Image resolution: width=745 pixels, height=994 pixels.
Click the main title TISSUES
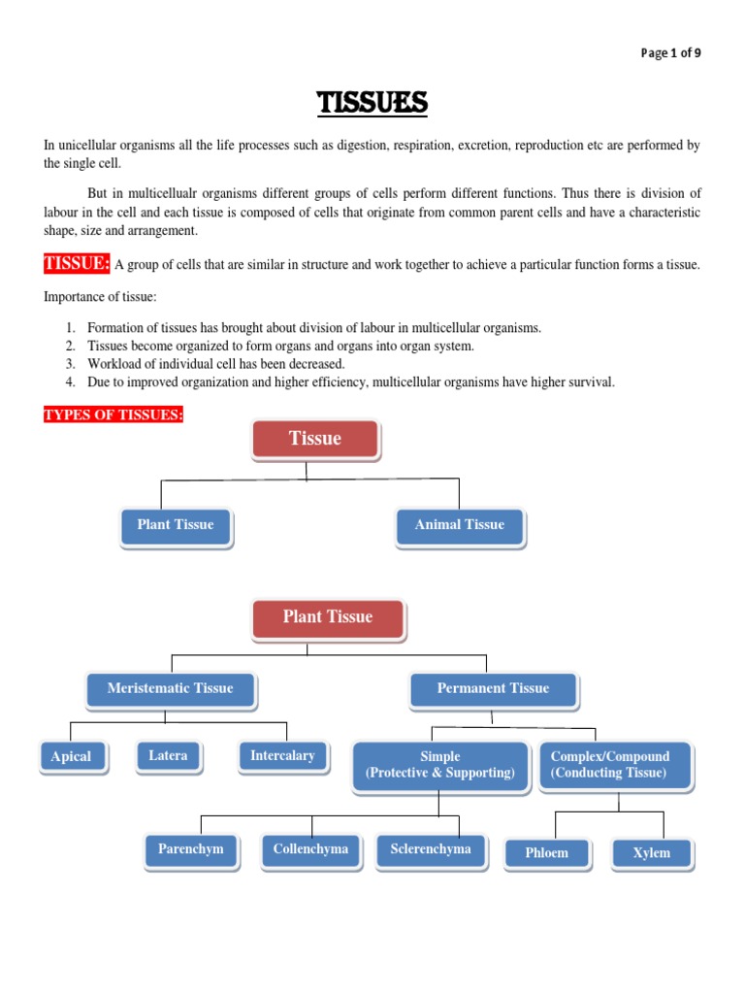coord(372,102)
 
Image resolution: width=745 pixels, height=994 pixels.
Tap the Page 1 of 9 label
coord(670,53)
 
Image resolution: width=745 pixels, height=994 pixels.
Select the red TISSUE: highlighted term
coord(77,263)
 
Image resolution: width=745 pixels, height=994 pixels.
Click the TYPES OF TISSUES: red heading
coord(113,415)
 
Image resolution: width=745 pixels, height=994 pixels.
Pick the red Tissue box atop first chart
coord(315,439)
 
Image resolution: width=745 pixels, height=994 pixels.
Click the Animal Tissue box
coord(460,525)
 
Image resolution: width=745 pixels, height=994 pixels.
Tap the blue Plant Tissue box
coord(176,525)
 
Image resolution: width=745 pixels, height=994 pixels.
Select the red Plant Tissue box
coord(328,617)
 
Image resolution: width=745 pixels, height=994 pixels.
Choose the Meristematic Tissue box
coord(171,689)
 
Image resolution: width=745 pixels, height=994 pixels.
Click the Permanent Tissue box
coord(493,689)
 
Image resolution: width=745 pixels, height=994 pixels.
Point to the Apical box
coord(72,757)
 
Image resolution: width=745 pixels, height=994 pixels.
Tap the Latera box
coord(168,756)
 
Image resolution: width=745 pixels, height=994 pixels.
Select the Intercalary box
coord(282,756)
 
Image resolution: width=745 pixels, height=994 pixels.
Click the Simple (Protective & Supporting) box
coord(440,765)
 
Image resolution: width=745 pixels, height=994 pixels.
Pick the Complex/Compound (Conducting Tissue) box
coord(610,765)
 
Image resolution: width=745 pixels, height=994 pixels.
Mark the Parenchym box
coord(191,849)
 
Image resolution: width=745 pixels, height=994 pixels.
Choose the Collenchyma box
coord(310,849)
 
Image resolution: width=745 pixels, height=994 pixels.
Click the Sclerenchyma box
coord(431,849)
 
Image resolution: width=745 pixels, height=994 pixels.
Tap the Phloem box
coord(547,853)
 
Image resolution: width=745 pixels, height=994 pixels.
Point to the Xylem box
coord(651,853)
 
